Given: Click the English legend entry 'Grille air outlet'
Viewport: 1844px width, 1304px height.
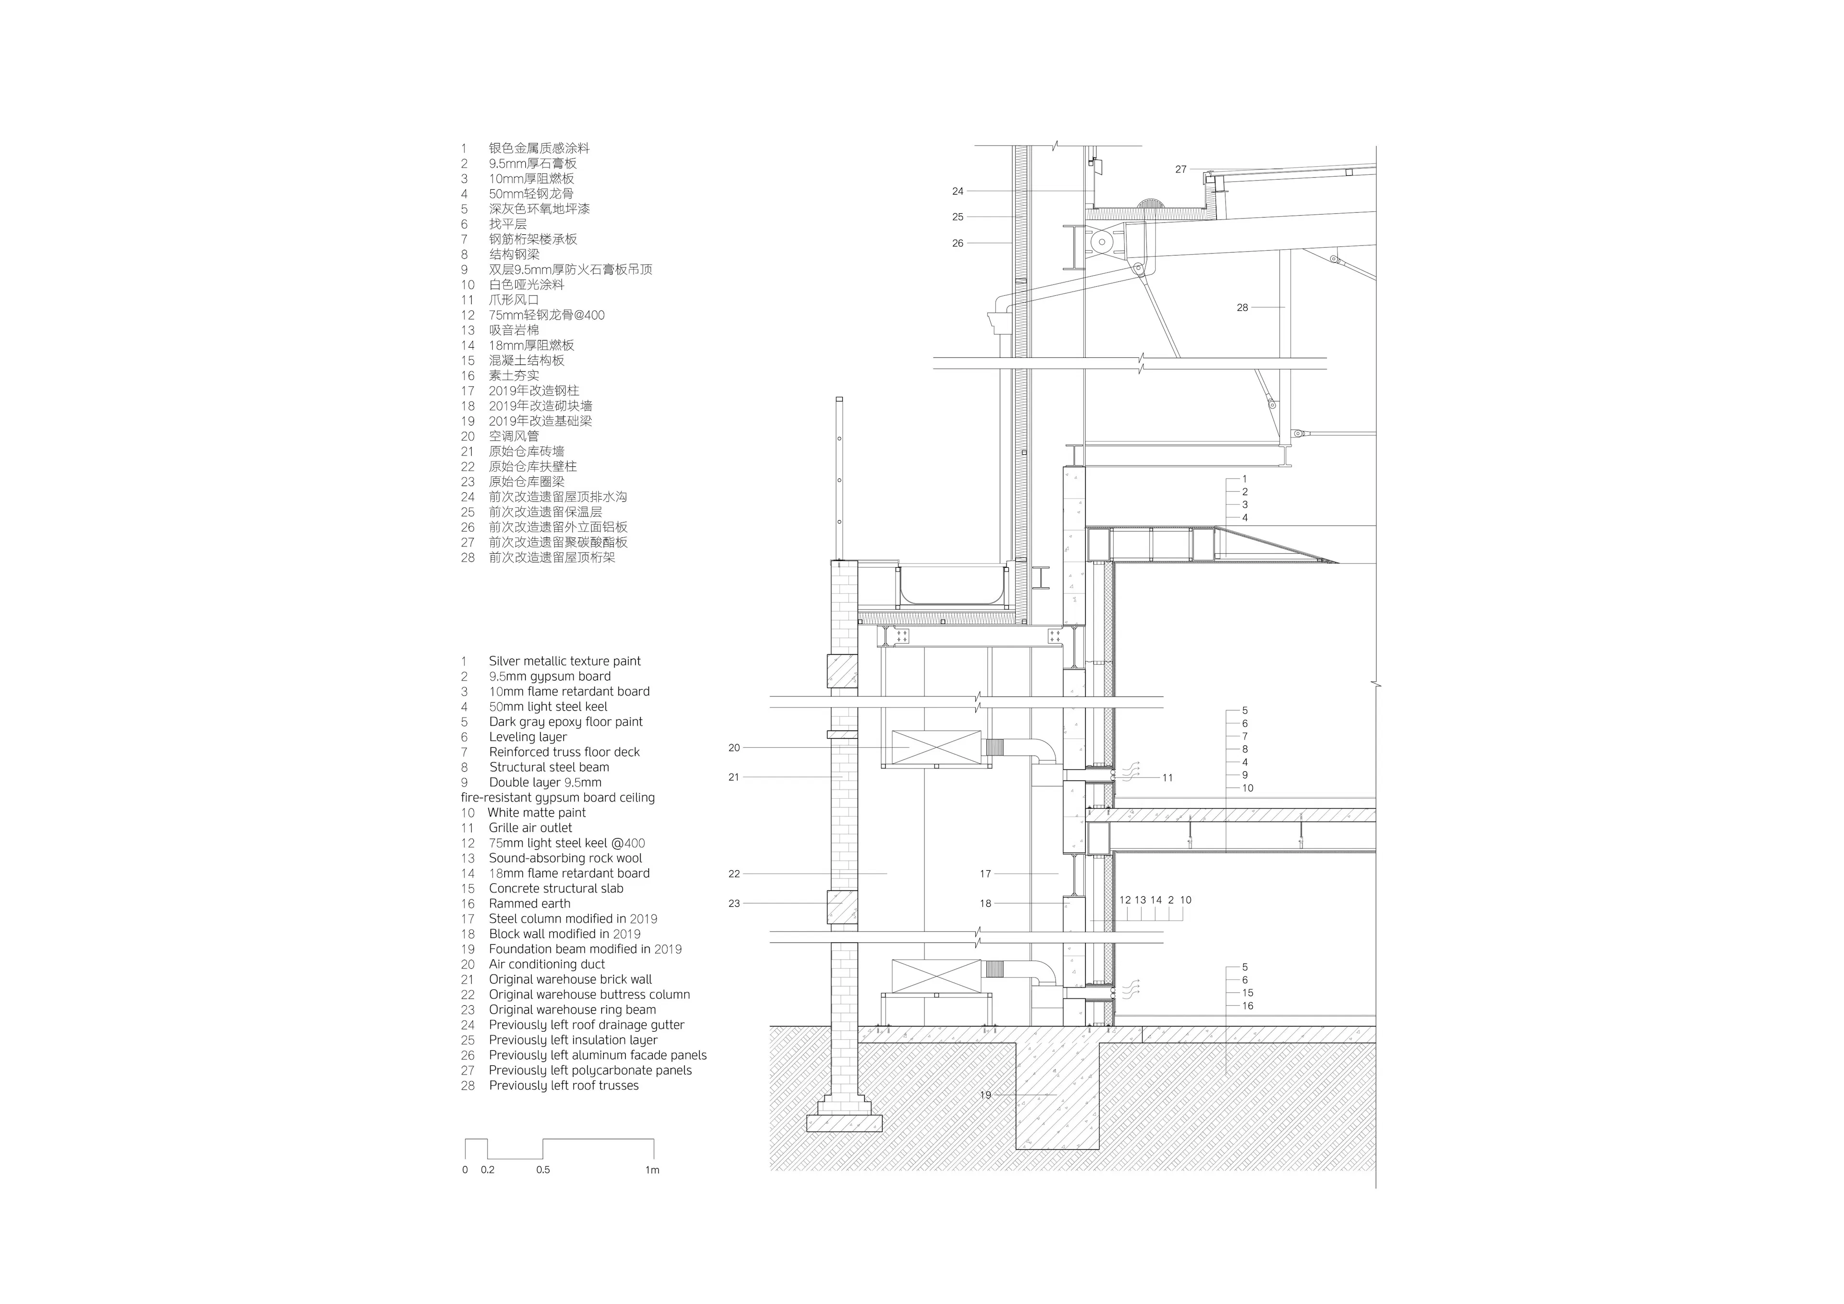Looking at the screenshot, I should click(530, 828).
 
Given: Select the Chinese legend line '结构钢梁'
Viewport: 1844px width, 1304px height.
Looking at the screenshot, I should click(514, 255).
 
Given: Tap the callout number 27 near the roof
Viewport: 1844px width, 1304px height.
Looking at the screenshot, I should click(1181, 170).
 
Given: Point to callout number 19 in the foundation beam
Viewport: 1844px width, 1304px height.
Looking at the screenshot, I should click(985, 1095).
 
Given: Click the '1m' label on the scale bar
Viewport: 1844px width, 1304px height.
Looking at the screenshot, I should click(652, 1170).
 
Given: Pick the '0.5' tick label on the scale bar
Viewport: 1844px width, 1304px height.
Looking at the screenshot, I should click(543, 1170).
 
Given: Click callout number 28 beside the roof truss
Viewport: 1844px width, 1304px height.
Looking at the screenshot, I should click(1242, 308).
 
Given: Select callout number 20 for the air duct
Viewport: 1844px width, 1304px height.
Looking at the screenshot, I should click(734, 748).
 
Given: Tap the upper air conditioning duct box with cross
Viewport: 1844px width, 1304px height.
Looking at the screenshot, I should click(936, 747).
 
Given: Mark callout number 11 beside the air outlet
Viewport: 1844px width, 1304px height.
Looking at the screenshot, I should click(1168, 778).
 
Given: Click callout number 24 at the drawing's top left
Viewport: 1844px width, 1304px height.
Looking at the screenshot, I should click(958, 191).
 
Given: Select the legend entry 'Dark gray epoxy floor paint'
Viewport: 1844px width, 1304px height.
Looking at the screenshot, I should click(565, 721).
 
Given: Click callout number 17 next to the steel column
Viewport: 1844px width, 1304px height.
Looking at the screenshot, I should click(985, 873).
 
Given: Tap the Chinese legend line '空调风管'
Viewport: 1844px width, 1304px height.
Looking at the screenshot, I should click(514, 436).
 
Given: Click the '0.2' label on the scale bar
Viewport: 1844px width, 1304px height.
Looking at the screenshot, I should click(487, 1170).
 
